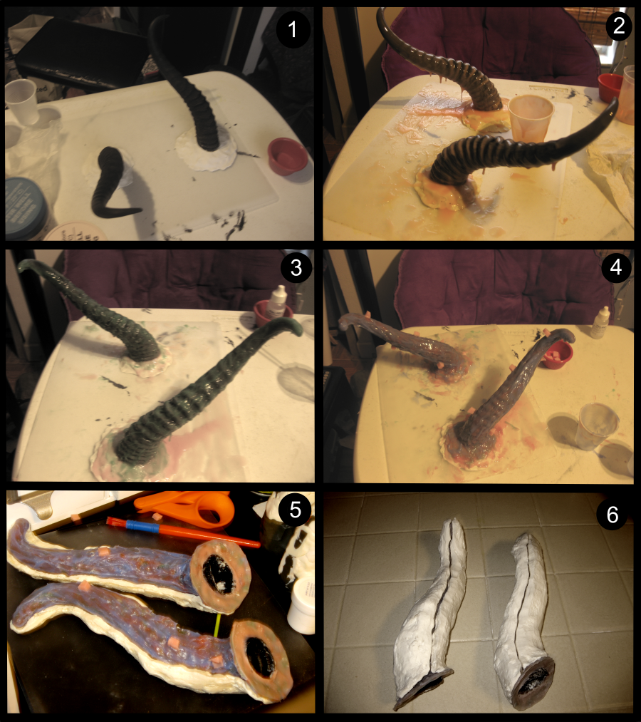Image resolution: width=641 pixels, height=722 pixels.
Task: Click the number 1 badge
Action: click(293, 29)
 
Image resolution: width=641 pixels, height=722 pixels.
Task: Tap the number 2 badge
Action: click(619, 25)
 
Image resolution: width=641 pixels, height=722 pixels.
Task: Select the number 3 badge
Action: click(296, 268)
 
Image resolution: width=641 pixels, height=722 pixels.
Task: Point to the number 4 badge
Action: click(616, 267)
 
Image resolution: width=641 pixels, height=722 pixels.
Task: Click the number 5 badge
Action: click(295, 510)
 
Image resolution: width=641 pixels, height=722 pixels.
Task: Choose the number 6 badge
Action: click(613, 514)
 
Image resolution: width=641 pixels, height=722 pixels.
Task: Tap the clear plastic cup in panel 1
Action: click(21, 102)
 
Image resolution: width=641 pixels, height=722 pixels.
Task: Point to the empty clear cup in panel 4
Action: click(599, 427)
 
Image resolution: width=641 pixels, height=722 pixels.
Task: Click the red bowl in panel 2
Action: click(610, 88)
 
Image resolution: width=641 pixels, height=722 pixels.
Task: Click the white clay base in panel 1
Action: click(207, 150)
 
